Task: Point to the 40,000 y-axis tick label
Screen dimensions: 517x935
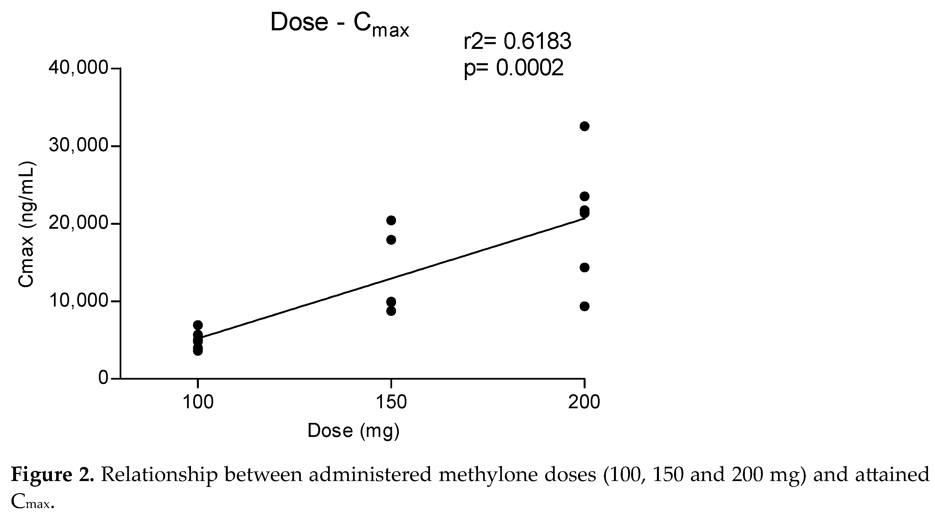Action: (78, 68)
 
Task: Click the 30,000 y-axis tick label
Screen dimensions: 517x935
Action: (78, 146)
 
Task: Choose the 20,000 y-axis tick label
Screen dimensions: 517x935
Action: (78, 223)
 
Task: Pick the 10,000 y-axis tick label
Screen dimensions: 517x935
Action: (78, 301)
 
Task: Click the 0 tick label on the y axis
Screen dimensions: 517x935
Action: (103, 378)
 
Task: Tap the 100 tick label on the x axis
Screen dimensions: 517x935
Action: (198, 402)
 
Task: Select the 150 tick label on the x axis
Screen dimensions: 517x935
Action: (391, 402)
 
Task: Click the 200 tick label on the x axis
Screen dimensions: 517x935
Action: (584, 402)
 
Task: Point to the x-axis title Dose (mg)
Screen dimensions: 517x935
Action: (353, 431)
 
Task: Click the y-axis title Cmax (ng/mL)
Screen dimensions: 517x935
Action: (26, 225)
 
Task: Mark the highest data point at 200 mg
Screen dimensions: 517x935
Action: (584, 126)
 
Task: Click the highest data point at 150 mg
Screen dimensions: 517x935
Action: (391, 220)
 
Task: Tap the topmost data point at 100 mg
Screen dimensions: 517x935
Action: (198, 325)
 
